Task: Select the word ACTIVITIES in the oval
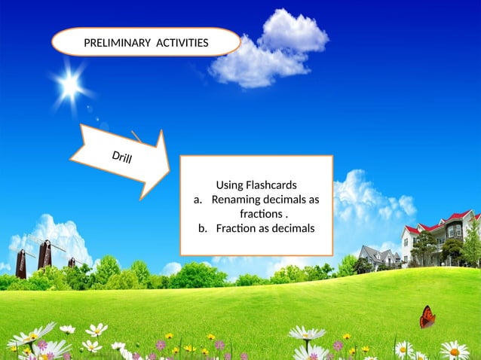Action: click(x=182, y=43)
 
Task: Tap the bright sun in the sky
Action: click(x=71, y=86)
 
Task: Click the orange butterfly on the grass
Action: click(x=427, y=316)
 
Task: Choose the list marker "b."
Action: click(x=203, y=228)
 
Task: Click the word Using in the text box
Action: click(x=229, y=185)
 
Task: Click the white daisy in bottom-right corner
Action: click(x=454, y=350)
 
